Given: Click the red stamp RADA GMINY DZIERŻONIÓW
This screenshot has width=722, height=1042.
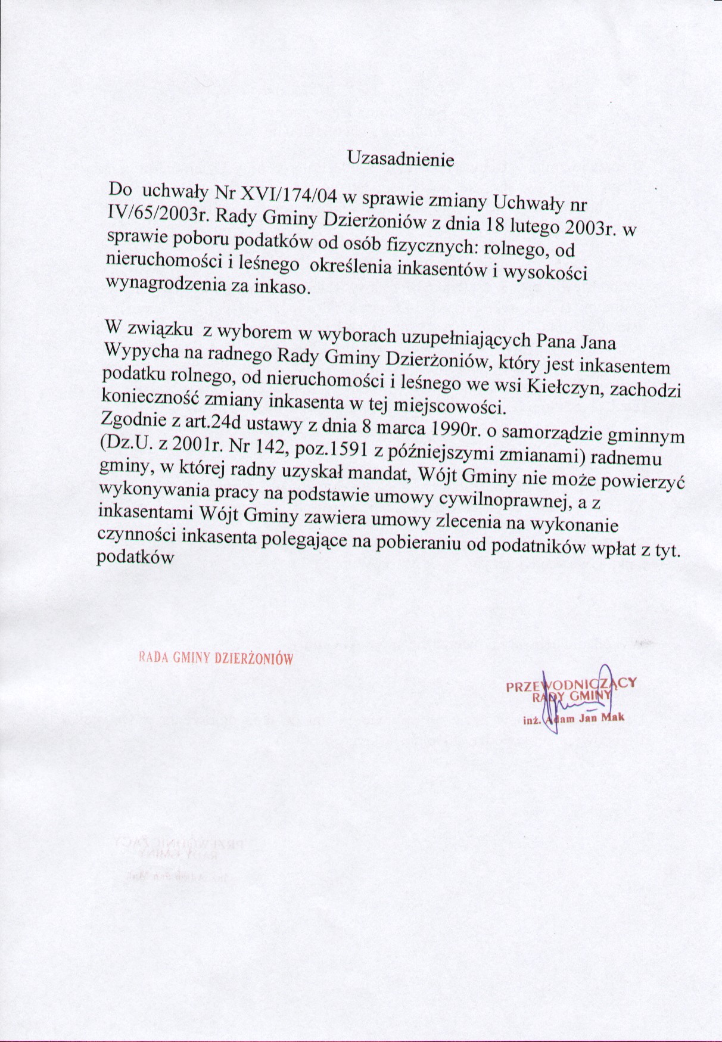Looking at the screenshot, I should point(215,659).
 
